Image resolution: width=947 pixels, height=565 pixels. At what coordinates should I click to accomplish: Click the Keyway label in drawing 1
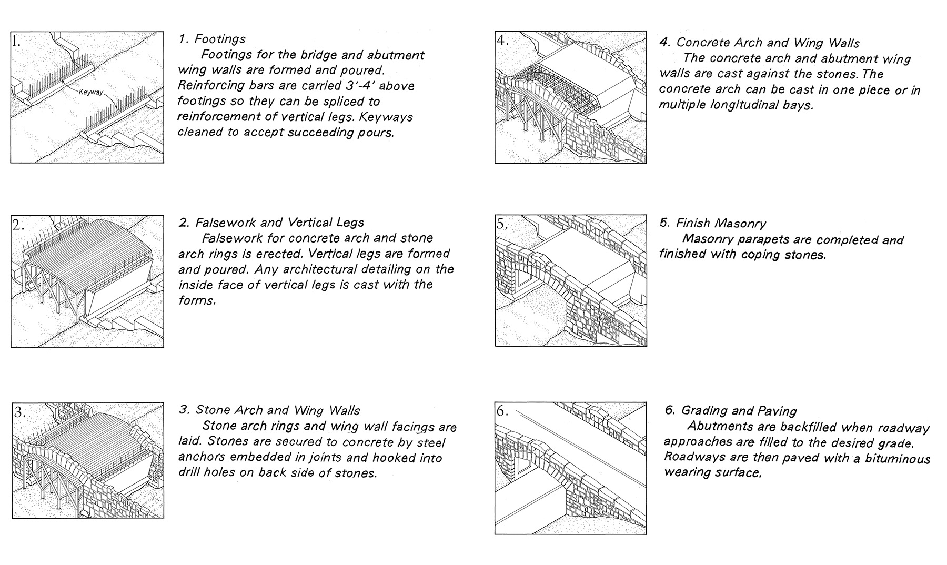point(90,93)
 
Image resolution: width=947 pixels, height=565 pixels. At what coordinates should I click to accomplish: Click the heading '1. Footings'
point(213,39)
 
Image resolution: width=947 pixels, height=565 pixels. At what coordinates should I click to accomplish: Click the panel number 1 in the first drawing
point(17,41)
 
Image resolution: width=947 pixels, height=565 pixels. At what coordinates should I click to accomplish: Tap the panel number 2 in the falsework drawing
point(18,225)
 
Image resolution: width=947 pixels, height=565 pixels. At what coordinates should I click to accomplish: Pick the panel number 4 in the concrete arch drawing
point(502,41)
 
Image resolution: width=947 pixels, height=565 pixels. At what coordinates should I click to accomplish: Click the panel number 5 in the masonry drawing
point(502,224)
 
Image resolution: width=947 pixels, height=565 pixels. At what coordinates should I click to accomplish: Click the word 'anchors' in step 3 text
point(199,458)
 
